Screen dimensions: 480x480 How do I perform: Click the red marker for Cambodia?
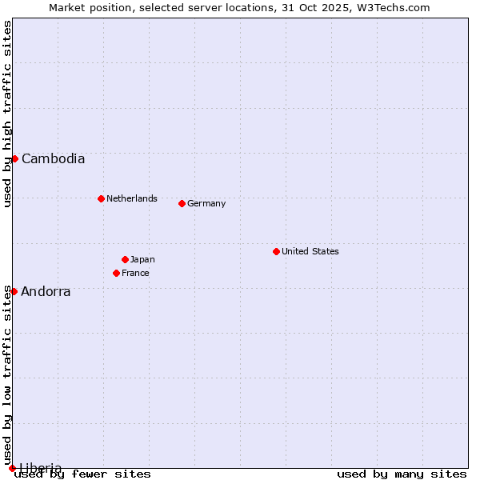pyautogui.click(x=14, y=158)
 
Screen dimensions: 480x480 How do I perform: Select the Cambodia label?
pyautogui.click(x=53, y=158)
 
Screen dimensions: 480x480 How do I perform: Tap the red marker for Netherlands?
pyautogui.click(x=101, y=198)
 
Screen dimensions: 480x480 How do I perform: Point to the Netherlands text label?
pyautogui.click(x=132, y=198)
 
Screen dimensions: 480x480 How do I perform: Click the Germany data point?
pyautogui.click(x=182, y=203)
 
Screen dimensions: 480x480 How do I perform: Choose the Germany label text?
pyautogui.click(x=206, y=203)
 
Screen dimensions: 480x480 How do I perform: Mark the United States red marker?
pyautogui.click(x=276, y=251)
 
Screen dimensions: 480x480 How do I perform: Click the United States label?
pyautogui.click(x=310, y=251)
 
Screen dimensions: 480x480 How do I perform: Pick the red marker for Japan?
pyautogui.click(x=125, y=259)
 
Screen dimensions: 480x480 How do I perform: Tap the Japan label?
pyautogui.click(x=142, y=259)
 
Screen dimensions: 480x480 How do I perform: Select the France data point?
pyautogui.click(x=116, y=273)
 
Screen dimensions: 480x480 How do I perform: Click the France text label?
pyautogui.click(x=135, y=273)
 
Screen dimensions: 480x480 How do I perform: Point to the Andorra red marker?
pyautogui.click(x=14, y=291)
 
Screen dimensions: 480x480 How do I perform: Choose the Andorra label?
pyautogui.click(x=46, y=292)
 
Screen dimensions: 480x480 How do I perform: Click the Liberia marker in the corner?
pyautogui.click(x=12, y=468)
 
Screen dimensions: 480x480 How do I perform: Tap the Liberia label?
pyautogui.click(x=41, y=468)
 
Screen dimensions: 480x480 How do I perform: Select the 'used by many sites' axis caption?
pyautogui.click(x=402, y=474)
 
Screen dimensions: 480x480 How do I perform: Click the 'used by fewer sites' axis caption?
pyautogui.click(x=83, y=474)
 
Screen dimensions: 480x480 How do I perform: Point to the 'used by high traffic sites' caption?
pyautogui.click(x=8, y=114)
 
